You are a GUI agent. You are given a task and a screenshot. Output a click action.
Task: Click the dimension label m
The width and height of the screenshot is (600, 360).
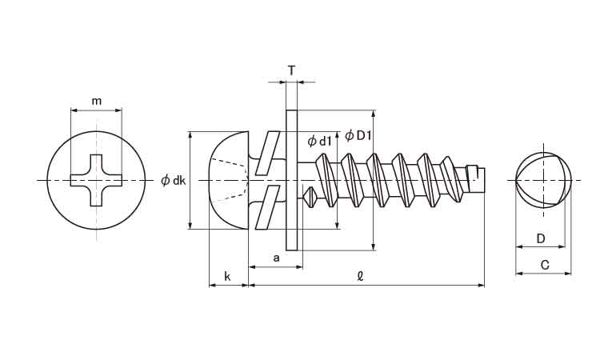pyautogui.click(x=97, y=101)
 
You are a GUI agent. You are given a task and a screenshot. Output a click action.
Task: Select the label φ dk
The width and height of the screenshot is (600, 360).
pyautogui.click(x=173, y=181)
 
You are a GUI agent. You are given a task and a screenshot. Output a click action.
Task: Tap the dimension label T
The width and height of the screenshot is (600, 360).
pyautogui.click(x=291, y=70)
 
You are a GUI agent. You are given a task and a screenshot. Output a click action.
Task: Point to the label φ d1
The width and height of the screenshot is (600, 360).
pyautogui.click(x=320, y=142)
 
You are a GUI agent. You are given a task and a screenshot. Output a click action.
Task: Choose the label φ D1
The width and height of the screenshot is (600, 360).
pyautogui.click(x=358, y=135)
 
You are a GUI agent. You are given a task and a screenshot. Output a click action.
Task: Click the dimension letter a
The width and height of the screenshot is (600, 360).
pyautogui.click(x=276, y=258)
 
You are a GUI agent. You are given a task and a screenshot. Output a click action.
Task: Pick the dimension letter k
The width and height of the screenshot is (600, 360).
pyautogui.click(x=227, y=277)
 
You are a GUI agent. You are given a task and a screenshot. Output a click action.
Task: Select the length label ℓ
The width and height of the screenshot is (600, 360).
pyautogui.click(x=361, y=277)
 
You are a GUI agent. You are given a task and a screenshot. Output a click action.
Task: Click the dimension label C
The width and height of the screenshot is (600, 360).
pyautogui.click(x=543, y=266)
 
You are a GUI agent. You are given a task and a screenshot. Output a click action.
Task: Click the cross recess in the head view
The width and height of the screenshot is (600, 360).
pyautogui.click(x=97, y=181)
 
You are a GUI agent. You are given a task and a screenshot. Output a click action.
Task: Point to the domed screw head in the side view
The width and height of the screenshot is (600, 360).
pyautogui.click(x=228, y=181)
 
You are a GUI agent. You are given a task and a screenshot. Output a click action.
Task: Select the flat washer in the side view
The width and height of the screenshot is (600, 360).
pyautogui.click(x=291, y=180)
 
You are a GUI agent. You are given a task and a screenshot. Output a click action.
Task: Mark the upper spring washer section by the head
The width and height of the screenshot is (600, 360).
pyautogui.click(x=266, y=154)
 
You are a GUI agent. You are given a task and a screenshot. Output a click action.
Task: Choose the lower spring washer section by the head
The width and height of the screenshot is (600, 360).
pyautogui.click(x=266, y=207)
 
